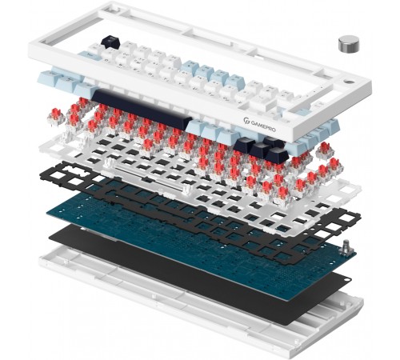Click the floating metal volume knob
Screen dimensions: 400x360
349,44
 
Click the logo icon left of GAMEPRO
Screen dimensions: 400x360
246,121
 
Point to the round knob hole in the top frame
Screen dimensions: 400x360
350,81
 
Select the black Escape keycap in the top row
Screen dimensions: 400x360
110,42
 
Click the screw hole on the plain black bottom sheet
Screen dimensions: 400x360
347,279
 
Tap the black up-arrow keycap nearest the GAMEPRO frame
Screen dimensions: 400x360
273,142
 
